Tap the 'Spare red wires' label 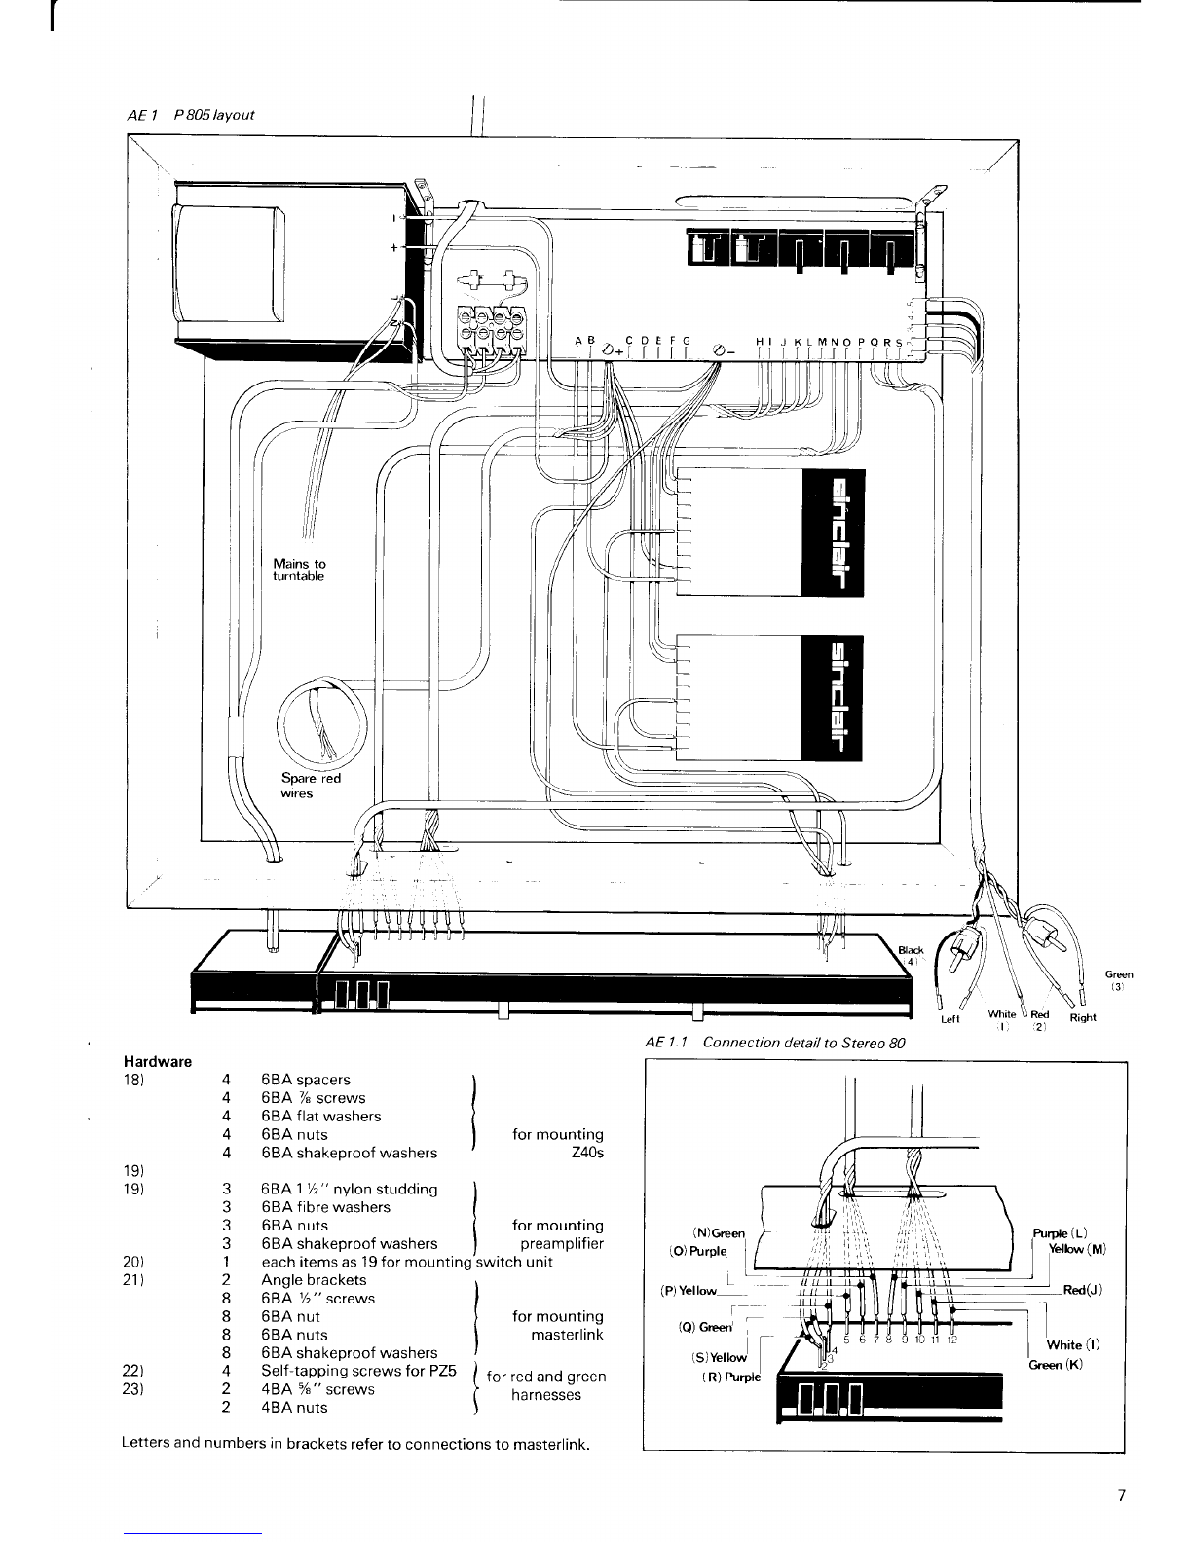pos(311,786)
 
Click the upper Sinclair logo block pos(832,532)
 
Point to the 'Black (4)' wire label pos(910,955)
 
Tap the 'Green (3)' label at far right pos(1118,978)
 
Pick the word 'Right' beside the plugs pos(1083,1018)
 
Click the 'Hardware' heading pos(158,1061)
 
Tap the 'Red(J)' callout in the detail pos(1081,1290)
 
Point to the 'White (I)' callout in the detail pos(1073,1345)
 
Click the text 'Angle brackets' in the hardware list pos(314,1280)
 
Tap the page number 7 pos(1123,1497)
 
